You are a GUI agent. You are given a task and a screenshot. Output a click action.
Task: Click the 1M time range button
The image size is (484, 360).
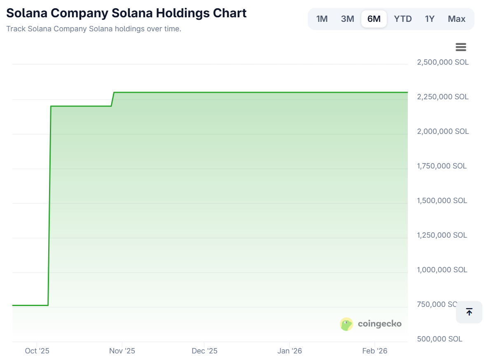(x=322, y=19)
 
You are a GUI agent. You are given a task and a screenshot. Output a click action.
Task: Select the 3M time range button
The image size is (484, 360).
(x=347, y=19)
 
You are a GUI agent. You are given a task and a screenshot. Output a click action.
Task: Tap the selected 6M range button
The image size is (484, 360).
(x=374, y=19)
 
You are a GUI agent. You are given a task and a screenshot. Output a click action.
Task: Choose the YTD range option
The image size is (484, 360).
(x=402, y=19)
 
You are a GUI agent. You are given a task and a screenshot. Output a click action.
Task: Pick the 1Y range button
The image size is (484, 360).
(x=430, y=19)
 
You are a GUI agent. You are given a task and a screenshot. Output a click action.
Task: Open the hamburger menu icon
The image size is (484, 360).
(x=461, y=47)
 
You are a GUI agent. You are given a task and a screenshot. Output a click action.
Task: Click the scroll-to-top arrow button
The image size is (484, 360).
(x=469, y=312)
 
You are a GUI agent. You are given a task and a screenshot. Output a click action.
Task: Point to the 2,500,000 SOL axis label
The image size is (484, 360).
(x=443, y=62)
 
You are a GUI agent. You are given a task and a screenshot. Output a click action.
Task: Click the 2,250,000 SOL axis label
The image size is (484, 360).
(x=443, y=97)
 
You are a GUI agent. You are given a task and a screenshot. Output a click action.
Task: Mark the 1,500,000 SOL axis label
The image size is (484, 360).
(x=442, y=201)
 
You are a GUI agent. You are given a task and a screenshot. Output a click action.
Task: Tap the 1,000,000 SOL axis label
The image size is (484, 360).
(x=442, y=270)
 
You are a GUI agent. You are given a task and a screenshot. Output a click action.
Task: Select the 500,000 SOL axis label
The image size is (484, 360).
(x=440, y=339)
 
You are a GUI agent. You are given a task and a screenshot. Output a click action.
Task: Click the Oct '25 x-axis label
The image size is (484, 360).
(x=37, y=351)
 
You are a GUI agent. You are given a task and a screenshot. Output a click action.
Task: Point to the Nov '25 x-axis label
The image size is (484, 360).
(x=122, y=351)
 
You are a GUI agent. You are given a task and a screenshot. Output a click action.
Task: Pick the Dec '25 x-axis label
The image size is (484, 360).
(x=204, y=351)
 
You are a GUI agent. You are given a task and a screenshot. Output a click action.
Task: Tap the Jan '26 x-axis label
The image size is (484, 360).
(x=290, y=351)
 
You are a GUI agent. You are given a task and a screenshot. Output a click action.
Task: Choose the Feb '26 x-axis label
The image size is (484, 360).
(x=375, y=351)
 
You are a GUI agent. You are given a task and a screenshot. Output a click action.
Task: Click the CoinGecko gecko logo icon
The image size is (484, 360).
(x=346, y=324)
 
